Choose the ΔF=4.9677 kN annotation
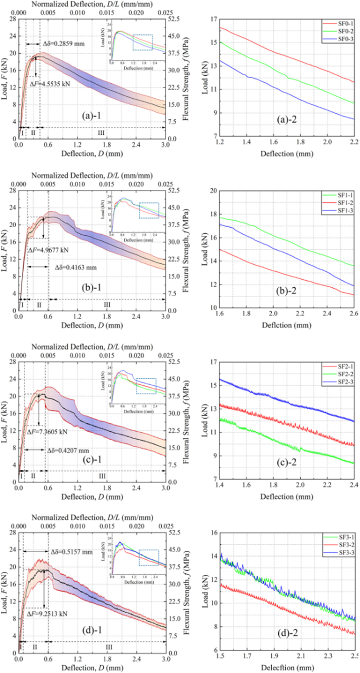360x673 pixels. click(x=48, y=250)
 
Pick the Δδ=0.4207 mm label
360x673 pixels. click(x=71, y=450)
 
